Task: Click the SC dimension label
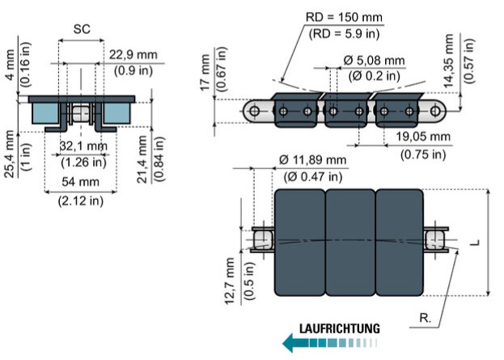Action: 82,29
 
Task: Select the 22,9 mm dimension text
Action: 133,55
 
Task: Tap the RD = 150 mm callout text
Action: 344,17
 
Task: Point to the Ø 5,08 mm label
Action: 374,60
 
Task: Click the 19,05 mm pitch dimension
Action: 422,136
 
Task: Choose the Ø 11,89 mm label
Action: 312,159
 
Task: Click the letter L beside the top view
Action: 476,242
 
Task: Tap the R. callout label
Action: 426,318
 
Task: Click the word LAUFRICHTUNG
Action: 340,328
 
